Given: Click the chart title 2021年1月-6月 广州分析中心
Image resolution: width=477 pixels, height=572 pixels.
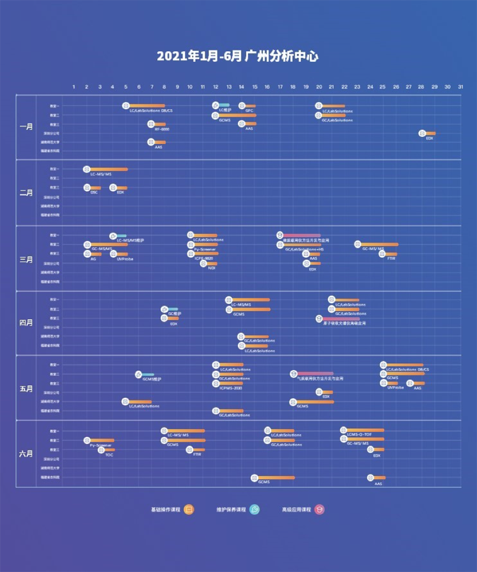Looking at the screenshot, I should click(x=238, y=56).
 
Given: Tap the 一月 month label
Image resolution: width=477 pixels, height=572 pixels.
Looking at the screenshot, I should click(x=26, y=127).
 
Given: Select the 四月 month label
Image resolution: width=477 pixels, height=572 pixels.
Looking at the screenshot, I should click(x=26, y=323).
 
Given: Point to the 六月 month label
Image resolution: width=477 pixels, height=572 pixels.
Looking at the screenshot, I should click(x=26, y=453).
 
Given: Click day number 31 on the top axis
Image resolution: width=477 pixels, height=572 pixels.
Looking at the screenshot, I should click(x=461, y=86).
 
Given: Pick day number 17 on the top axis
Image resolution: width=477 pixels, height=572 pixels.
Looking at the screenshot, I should click(x=280, y=86).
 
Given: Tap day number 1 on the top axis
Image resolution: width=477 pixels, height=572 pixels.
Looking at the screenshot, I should click(x=74, y=86).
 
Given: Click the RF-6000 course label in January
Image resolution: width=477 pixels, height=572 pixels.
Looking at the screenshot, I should click(x=162, y=129).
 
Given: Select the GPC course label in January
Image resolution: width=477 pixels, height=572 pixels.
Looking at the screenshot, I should click(x=249, y=110).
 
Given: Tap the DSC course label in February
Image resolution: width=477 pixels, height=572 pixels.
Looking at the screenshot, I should click(x=94, y=192).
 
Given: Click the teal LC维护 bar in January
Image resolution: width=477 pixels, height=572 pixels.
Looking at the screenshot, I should click(x=223, y=105).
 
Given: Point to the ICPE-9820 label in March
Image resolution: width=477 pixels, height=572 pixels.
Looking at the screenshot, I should click(x=203, y=259).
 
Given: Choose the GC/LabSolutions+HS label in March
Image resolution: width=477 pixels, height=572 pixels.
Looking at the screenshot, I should click(x=304, y=250).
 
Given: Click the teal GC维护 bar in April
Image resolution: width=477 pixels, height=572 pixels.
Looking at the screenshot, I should click(x=172, y=309).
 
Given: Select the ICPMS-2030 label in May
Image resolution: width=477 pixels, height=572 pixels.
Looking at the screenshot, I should click(x=230, y=388).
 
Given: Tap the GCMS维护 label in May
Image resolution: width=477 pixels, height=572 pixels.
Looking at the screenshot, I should click(x=151, y=379).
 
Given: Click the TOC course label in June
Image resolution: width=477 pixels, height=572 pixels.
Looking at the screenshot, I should click(x=109, y=455).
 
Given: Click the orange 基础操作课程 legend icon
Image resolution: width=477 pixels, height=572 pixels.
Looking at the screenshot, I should click(x=189, y=510).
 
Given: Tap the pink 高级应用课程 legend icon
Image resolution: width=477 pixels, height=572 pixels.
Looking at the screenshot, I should click(x=319, y=510).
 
